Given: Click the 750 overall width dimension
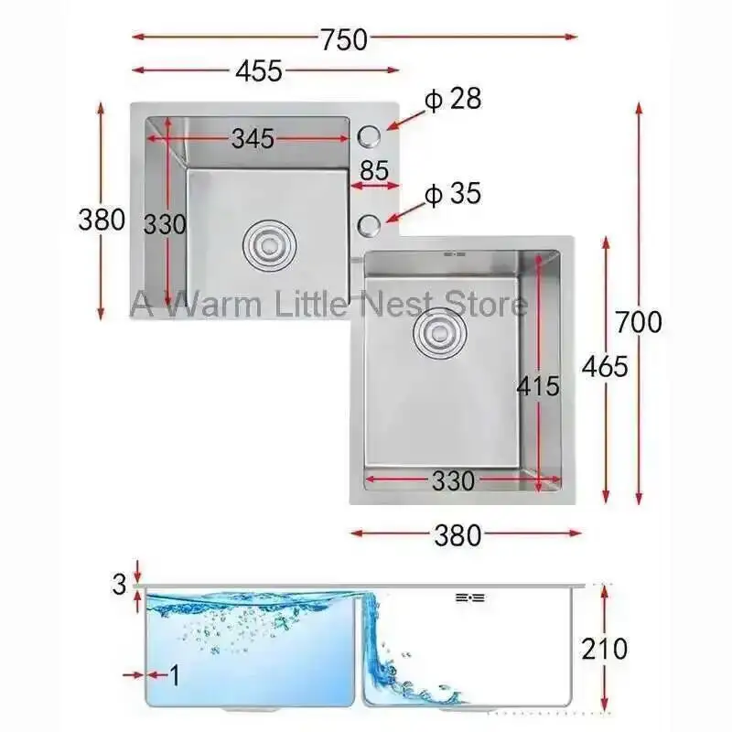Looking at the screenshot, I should click(x=343, y=39).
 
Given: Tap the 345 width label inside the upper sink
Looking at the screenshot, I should click(x=252, y=139).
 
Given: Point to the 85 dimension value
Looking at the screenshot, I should click(x=374, y=170).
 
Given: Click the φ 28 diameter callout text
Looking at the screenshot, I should click(x=453, y=99).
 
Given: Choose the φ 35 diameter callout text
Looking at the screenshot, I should click(x=453, y=194).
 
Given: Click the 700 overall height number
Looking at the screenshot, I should click(x=638, y=322).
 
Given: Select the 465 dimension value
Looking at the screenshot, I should click(x=605, y=366).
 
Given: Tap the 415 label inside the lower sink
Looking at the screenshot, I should click(x=537, y=386).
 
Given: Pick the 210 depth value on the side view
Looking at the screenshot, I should click(x=605, y=649).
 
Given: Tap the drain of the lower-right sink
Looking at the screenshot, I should click(x=436, y=334).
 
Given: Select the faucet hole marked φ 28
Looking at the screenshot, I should click(x=370, y=135).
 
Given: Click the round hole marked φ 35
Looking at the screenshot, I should click(x=370, y=223).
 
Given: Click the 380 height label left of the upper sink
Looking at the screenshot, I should click(x=101, y=221).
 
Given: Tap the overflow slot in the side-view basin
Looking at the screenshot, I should click(x=470, y=597).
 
